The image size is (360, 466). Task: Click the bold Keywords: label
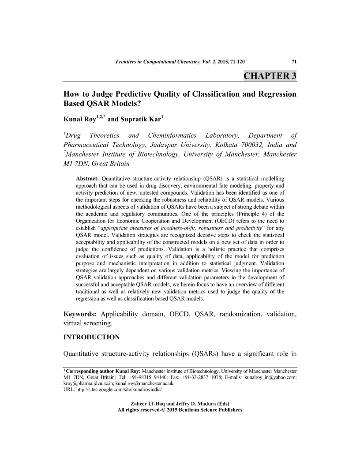pyautogui.click(x=80, y=314)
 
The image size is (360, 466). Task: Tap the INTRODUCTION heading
pyautogui.click(x=92, y=337)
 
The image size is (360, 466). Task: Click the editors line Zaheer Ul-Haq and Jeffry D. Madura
pyautogui.click(x=180, y=404)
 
